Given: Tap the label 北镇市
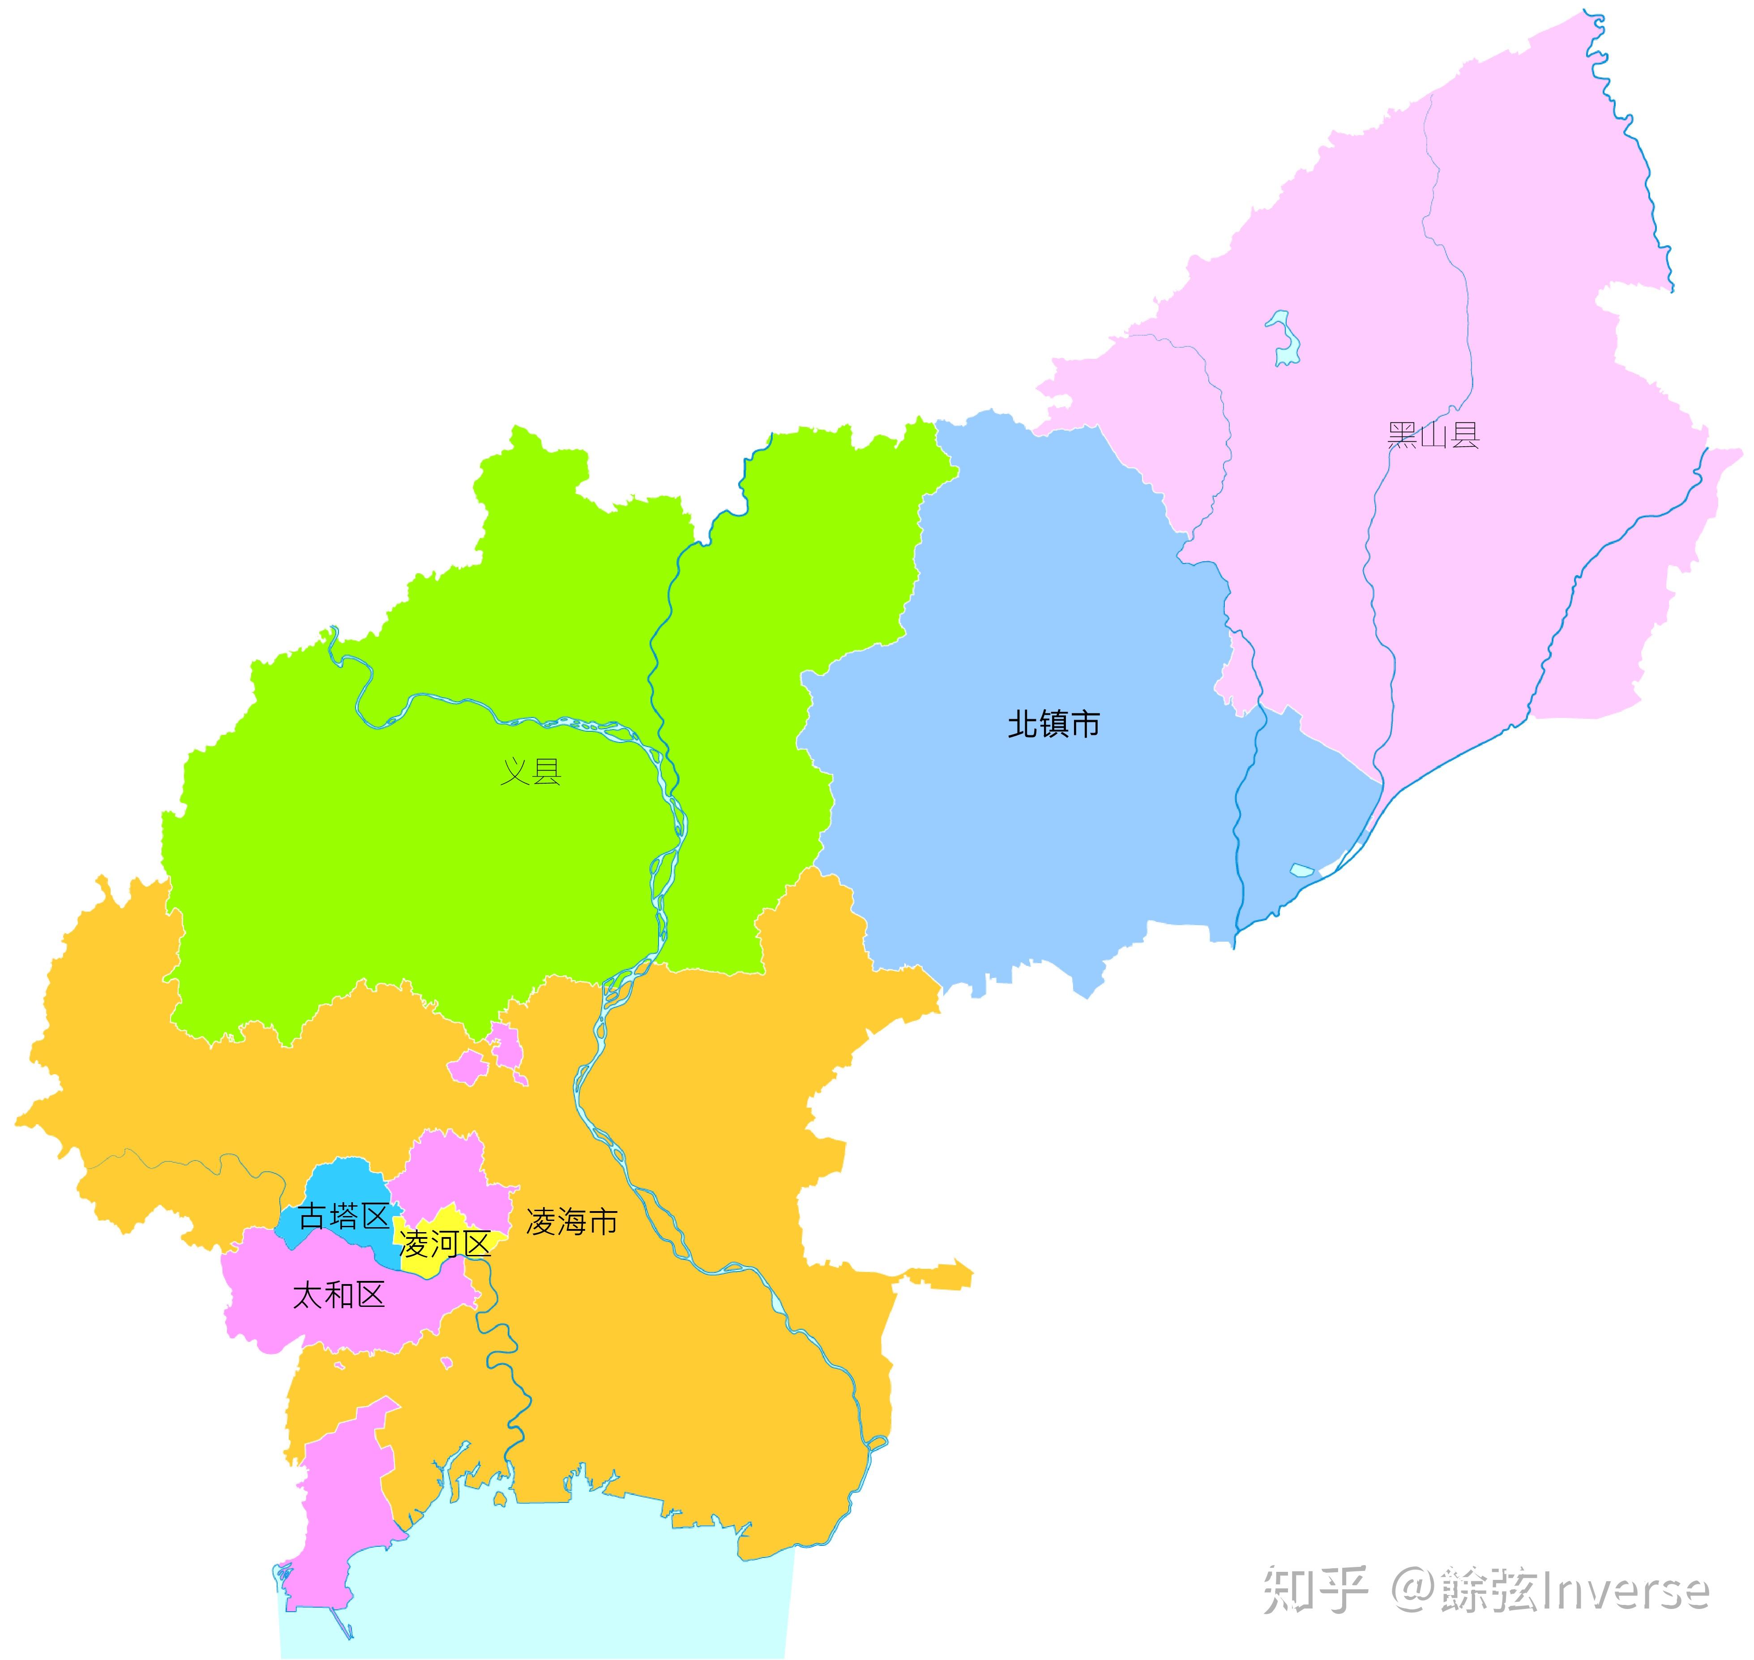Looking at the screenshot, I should click(x=1053, y=724).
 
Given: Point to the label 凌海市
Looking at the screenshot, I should click(x=572, y=1222).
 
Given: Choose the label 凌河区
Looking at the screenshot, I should click(x=445, y=1244).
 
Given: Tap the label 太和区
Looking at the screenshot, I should click(x=339, y=1295).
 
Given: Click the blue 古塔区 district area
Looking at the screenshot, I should click(x=341, y=1181).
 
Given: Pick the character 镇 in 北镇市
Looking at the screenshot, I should click(x=1053, y=724).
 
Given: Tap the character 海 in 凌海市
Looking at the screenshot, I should click(x=572, y=1222).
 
